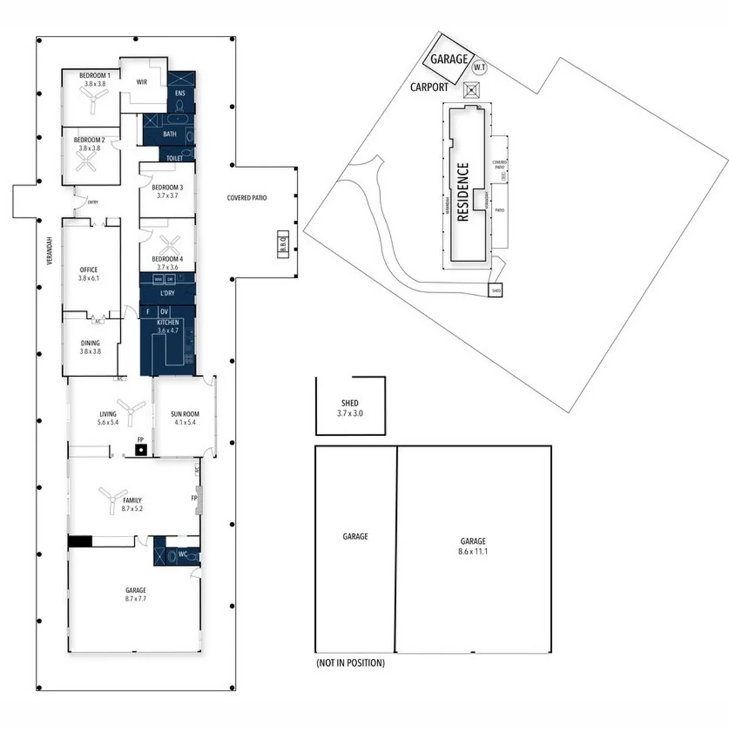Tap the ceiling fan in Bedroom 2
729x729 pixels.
point(86,161)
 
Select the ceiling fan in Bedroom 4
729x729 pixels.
point(169,244)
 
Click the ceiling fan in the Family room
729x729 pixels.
point(110,499)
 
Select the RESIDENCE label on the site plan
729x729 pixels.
point(463,192)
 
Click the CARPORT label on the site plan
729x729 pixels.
point(429,87)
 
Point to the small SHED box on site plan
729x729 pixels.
point(496,290)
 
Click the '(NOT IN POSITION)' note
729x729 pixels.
point(350,664)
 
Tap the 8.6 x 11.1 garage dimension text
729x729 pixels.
point(473,551)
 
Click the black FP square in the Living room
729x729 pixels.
point(140,450)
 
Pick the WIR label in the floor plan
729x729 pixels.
point(142,82)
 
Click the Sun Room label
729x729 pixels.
point(184,414)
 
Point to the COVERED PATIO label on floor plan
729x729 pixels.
point(246,198)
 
